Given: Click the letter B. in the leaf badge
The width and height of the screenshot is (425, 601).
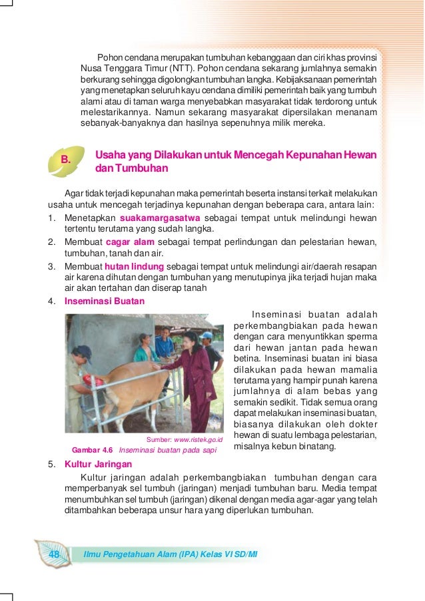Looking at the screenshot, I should [x=65, y=159].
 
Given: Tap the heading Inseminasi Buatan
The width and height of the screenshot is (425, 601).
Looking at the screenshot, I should [x=104, y=301].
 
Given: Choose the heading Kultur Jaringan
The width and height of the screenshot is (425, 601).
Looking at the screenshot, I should [x=98, y=464].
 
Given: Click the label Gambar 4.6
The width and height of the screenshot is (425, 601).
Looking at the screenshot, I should [x=92, y=449].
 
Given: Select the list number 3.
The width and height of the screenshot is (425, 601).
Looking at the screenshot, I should [x=51, y=266].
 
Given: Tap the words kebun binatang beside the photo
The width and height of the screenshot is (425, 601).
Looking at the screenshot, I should [x=306, y=447].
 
